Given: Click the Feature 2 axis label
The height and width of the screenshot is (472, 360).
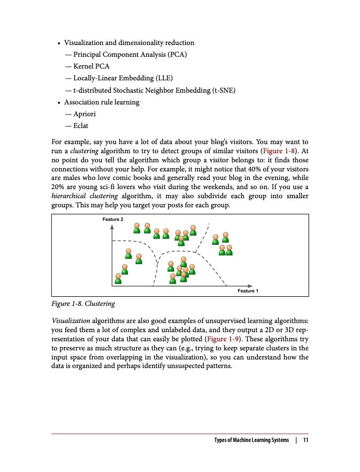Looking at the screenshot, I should (x=112, y=220).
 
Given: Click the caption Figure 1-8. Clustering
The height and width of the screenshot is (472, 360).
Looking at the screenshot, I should (x=83, y=304).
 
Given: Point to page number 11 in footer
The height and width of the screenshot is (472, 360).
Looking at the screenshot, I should (x=305, y=440).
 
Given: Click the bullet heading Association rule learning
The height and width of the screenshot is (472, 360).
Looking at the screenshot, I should (x=102, y=102).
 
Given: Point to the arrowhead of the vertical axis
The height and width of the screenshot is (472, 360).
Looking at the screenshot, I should (x=112, y=227).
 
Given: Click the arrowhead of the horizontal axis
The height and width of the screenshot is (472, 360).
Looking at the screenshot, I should (x=251, y=284).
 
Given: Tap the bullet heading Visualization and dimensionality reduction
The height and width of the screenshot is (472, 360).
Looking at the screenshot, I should (x=129, y=43).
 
